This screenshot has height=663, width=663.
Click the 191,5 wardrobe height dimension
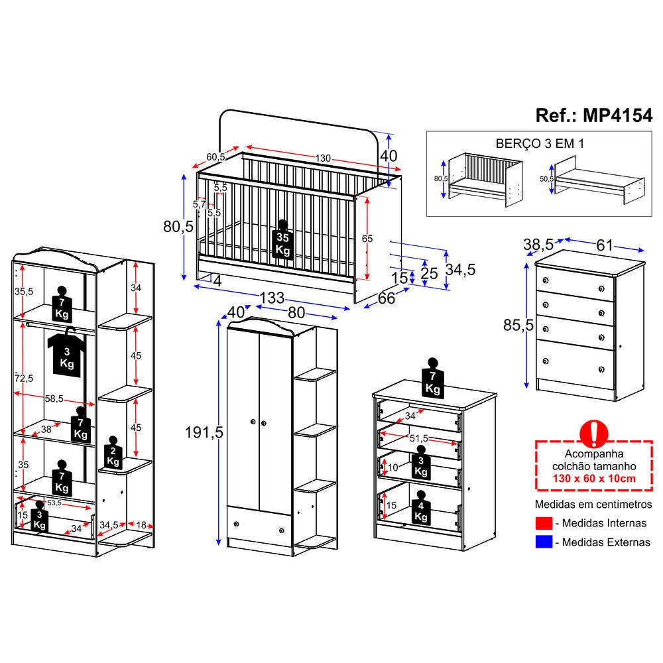click(204, 432)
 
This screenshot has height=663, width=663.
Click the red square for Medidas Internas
click(542, 524)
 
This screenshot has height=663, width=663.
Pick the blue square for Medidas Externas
click(542, 542)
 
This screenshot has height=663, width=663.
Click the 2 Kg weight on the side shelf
click(113, 453)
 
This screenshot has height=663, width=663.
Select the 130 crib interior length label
click(322, 158)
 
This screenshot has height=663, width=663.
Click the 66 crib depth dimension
click(386, 299)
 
